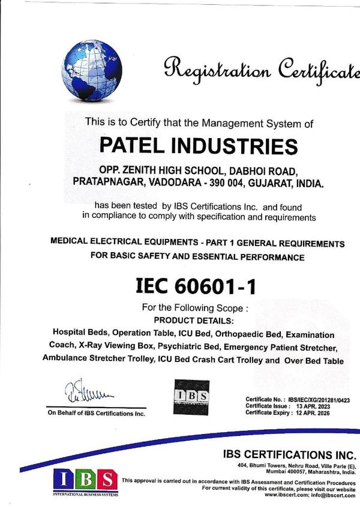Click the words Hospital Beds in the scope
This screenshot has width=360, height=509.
pyautogui.click(x=80, y=333)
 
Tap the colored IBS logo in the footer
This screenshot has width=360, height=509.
pyautogui.click(x=85, y=480)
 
